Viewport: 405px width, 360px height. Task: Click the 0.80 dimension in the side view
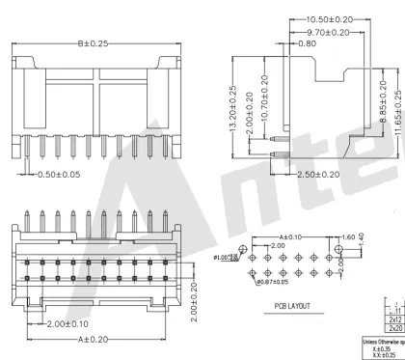coord(304,44)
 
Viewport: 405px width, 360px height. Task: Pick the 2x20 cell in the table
coord(395,329)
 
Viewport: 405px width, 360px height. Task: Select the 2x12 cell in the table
coord(395,319)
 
